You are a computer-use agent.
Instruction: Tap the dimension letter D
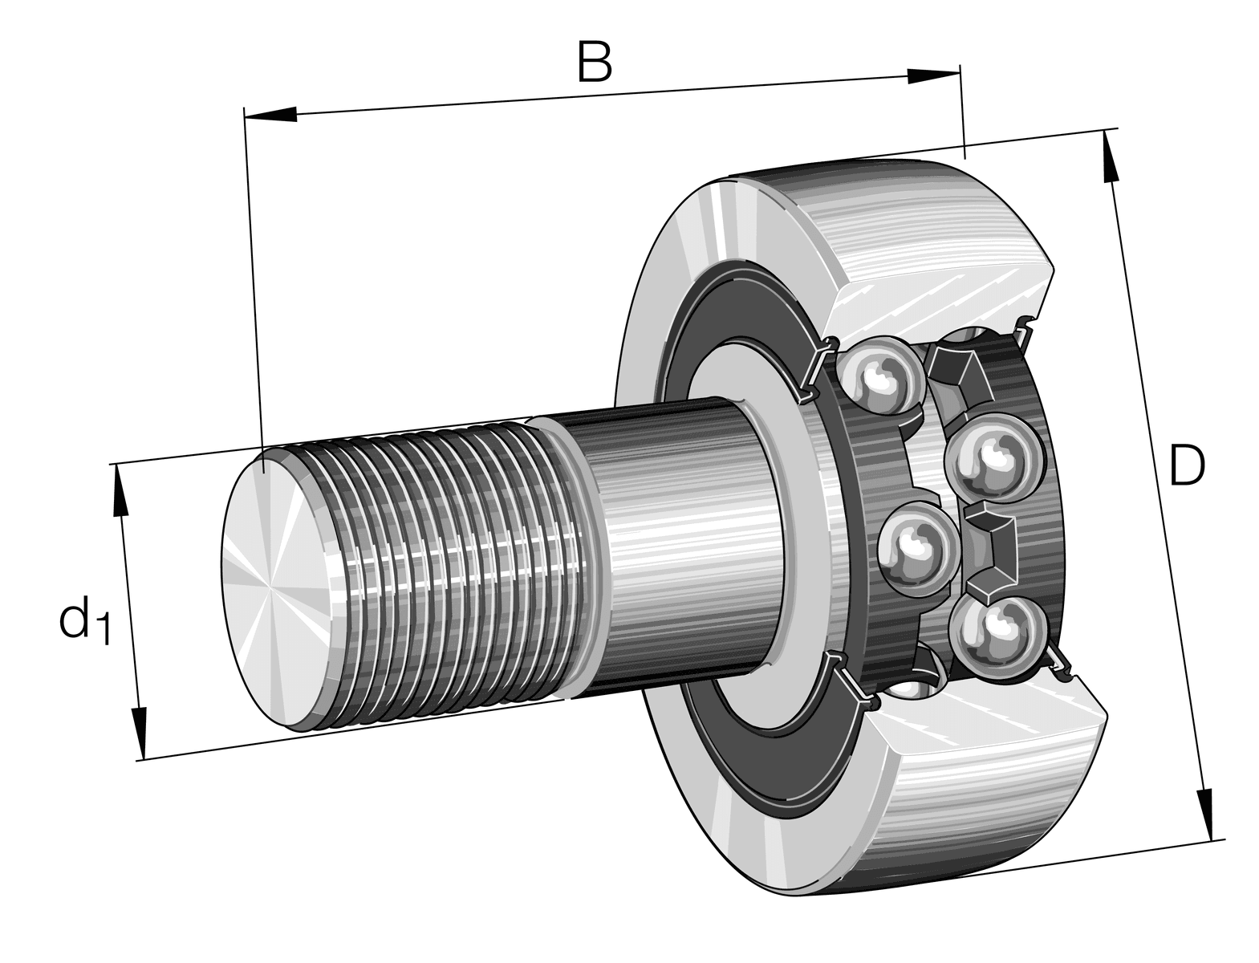[1186, 466]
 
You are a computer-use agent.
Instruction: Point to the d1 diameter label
[83, 620]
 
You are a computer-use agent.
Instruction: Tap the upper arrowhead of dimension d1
[121, 490]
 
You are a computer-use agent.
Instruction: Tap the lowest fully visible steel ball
[995, 635]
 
